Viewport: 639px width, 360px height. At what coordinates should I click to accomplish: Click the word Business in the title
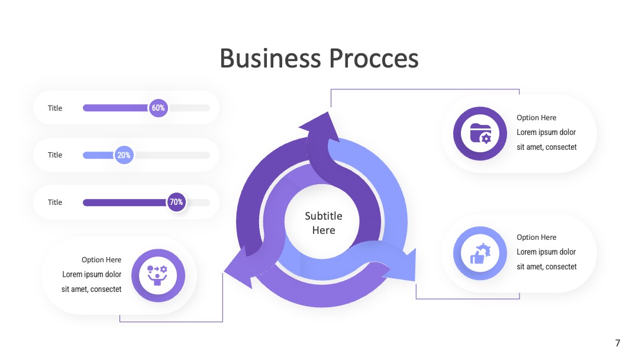pos(270,58)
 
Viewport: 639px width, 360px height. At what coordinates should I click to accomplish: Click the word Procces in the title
pos(374,58)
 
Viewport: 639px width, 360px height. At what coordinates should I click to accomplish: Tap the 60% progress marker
pos(158,108)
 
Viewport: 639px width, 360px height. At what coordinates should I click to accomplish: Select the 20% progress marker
pos(124,155)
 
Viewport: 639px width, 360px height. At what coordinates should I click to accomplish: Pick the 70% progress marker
pos(176,202)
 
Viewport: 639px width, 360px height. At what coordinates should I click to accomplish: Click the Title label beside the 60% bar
pos(55,108)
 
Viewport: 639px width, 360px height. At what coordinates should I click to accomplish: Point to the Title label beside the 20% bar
pos(55,155)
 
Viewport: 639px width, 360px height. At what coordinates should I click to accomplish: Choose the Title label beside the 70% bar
pos(55,202)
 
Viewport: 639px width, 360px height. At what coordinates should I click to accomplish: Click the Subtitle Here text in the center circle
pos(324,223)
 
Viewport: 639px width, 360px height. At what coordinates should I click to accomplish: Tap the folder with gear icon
pos(480,133)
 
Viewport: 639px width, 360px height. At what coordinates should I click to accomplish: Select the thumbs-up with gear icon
pos(480,253)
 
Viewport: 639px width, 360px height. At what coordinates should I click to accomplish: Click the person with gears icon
pos(158,275)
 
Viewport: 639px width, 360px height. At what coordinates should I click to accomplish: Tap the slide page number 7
pos(618,343)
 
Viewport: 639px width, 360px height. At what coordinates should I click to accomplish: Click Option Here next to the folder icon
pos(536,117)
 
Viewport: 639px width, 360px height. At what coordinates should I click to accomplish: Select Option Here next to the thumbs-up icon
pos(536,237)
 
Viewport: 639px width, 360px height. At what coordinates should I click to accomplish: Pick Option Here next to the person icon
pos(102,260)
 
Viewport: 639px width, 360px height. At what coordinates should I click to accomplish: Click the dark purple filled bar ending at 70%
pos(125,202)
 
